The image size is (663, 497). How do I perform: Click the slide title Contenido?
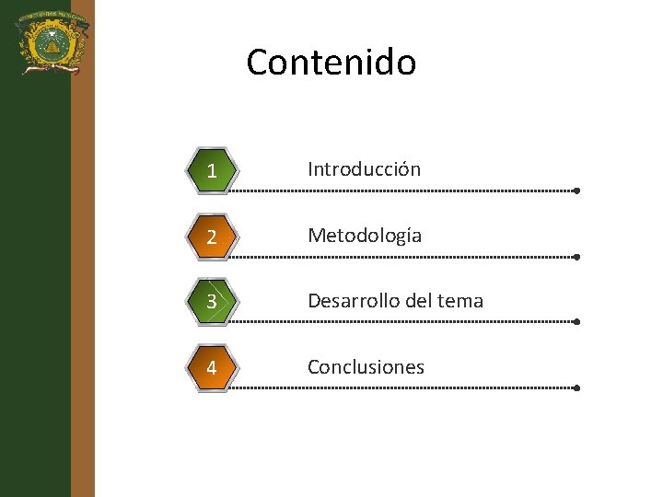pos(331,63)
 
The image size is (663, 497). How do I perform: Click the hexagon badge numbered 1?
pos(212,170)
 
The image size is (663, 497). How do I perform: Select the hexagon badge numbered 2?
pos(212,237)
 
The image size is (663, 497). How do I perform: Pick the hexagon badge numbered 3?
pos(212,302)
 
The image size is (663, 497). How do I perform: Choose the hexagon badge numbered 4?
pos(212,368)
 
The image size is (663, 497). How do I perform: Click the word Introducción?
pos(364,169)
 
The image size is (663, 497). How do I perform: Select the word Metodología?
pos(365,236)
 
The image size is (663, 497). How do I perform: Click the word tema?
pos(459,301)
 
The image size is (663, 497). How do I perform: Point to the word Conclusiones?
pos(366,367)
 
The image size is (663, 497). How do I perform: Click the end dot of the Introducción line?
pos(576,191)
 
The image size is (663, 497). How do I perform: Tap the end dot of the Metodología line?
pos(576,257)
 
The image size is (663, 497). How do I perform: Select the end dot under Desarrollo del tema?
pos(576,322)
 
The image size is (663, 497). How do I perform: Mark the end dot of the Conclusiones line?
pos(576,388)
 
